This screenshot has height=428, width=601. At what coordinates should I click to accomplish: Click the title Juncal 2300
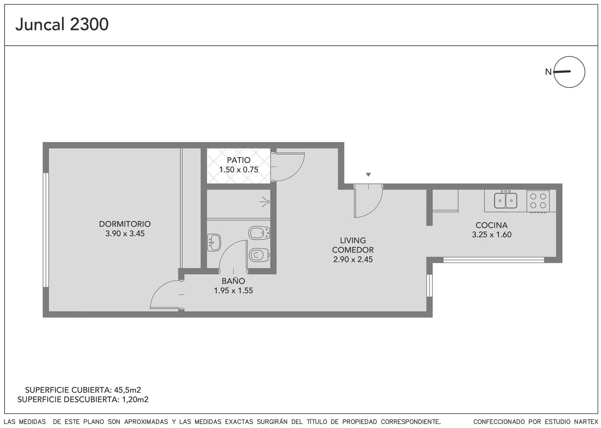tap(62, 25)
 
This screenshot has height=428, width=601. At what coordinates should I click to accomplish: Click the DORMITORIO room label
tap(125, 224)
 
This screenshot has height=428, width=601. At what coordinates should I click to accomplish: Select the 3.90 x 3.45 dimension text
tap(125, 233)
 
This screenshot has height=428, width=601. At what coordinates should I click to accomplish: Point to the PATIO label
tap(239, 160)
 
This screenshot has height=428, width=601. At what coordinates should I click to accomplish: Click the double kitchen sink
tap(505, 200)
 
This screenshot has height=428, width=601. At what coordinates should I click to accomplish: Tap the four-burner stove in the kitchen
tap(538, 201)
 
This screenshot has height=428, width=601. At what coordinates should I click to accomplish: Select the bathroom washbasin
tap(214, 243)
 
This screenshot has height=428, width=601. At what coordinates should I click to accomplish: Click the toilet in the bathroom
tap(259, 255)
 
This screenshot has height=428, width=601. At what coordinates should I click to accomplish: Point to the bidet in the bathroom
tap(259, 233)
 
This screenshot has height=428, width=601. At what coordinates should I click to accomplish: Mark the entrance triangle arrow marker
tap(368, 175)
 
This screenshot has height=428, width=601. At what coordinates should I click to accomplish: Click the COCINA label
tap(492, 225)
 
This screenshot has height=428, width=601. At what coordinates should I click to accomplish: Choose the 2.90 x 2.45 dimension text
tap(353, 259)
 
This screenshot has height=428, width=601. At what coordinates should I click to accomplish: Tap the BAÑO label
tap(233, 281)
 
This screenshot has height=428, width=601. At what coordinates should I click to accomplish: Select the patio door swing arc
tap(299, 170)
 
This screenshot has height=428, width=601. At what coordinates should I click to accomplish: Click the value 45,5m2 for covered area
tap(127, 390)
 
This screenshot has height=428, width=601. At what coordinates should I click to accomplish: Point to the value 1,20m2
tap(135, 399)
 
